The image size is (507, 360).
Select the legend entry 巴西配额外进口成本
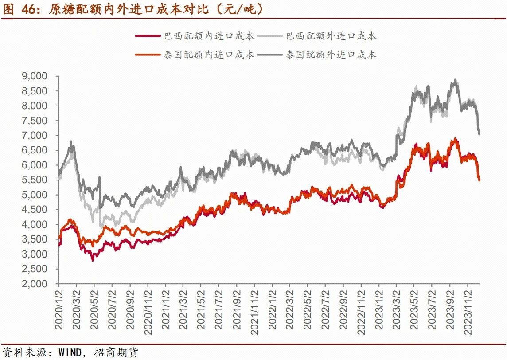click(331, 36)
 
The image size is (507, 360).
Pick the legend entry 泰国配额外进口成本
click(331, 55)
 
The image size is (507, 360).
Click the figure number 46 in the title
click(29, 9)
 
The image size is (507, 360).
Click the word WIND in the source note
click(71, 353)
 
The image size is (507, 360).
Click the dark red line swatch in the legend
click(148, 36)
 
